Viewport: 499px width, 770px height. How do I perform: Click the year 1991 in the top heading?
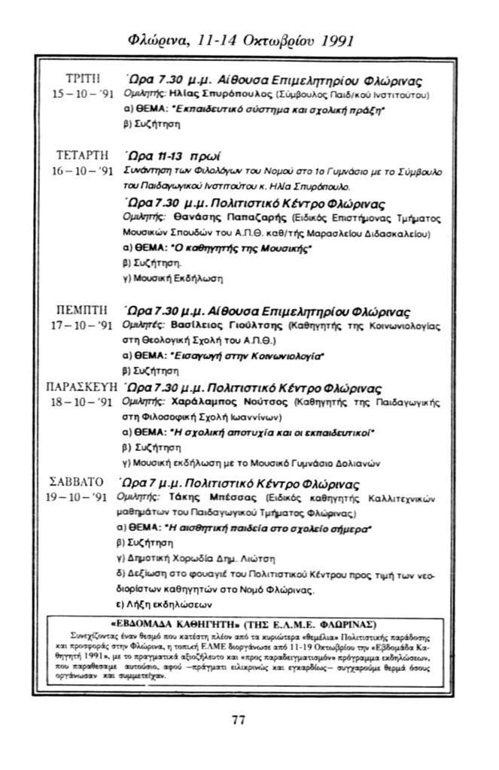tap(333, 40)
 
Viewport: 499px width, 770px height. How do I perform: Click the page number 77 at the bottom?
tap(239, 720)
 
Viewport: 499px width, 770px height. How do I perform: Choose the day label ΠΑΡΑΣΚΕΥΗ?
tap(80, 389)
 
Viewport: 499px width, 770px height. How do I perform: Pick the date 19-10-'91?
tap(78, 498)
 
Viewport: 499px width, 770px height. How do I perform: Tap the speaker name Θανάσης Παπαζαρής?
tap(207, 218)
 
